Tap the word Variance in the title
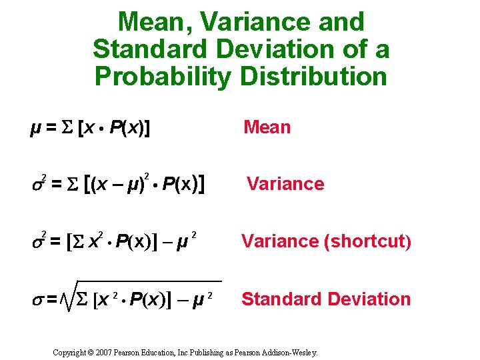point(254,23)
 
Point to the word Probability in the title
point(163,76)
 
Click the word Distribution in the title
point(313,76)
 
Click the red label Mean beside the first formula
point(267,127)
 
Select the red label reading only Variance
point(285,184)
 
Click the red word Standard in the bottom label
point(280,299)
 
